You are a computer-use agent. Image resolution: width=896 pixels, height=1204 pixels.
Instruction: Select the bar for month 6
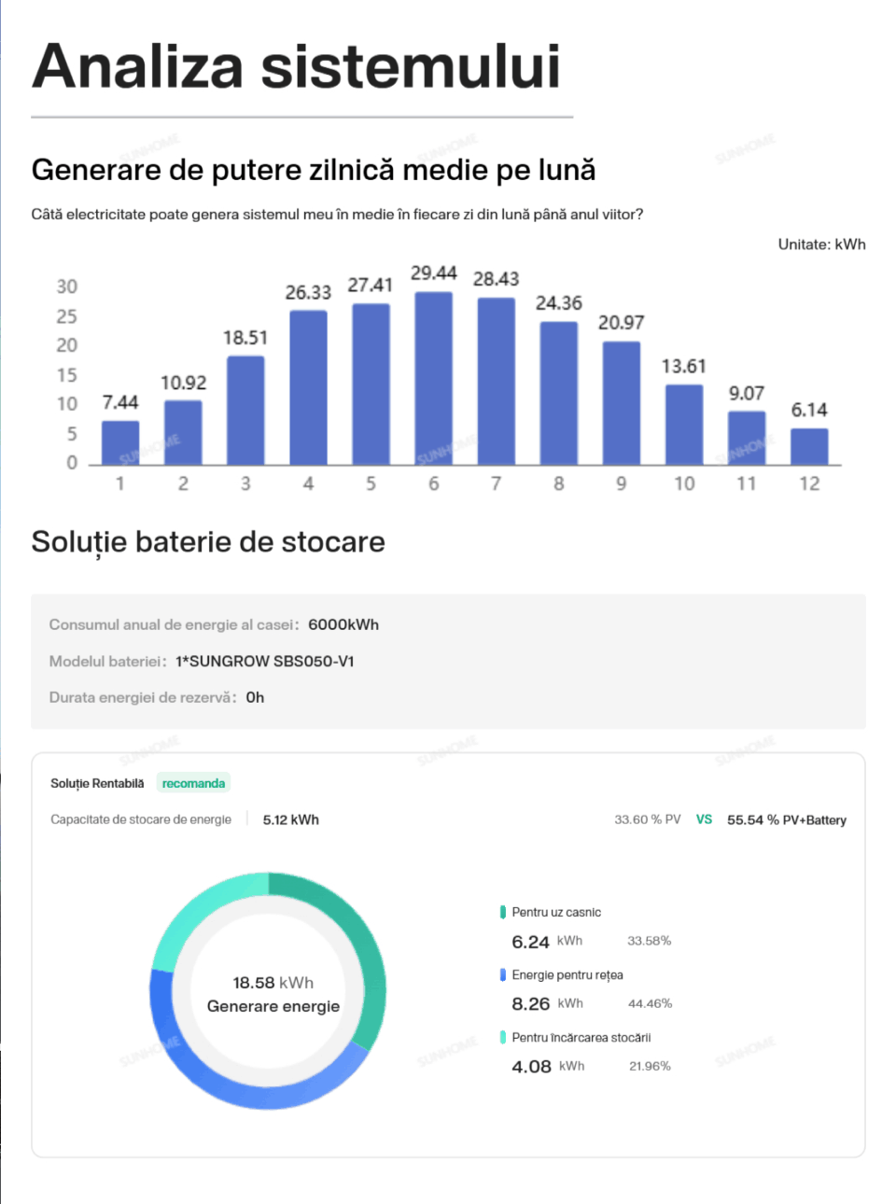pyautogui.click(x=434, y=378)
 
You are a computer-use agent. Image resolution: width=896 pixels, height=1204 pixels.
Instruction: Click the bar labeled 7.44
pyautogui.click(x=120, y=442)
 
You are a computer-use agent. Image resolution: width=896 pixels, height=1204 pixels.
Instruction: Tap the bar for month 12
pyautogui.click(x=809, y=446)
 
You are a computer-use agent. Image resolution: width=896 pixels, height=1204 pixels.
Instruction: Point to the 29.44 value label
pyautogui.click(x=434, y=273)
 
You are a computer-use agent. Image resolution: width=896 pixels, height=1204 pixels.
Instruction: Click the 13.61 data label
pyautogui.click(x=684, y=367)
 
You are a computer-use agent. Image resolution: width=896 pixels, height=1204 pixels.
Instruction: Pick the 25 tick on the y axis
pyautogui.click(x=66, y=316)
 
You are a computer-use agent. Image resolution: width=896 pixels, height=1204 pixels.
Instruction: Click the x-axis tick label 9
pyautogui.click(x=622, y=483)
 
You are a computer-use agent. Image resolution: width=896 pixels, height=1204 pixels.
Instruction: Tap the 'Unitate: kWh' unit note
pyautogui.click(x=821, y=245)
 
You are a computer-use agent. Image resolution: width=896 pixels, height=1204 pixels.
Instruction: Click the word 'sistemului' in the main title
pyautogui.click(x=411, y=67)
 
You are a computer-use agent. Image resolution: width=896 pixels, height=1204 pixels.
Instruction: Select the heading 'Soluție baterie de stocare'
pyautogui.click(x=208, y=542)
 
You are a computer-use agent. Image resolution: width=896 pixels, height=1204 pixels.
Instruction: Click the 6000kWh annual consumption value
pyautogui.click(x=343, y=624)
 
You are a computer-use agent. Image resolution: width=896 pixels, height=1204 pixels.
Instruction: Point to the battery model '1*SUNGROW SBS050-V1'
pyautogui.click(x=265, y=661)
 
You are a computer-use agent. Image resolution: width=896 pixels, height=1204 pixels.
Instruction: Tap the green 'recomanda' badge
pyautogui.click(x=193, y=783)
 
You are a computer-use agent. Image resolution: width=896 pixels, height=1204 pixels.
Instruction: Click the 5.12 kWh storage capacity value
pyautogui.click(x=291, y=819)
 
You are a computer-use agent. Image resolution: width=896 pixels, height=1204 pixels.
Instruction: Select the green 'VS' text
pyautogui.click(x=704, y=819)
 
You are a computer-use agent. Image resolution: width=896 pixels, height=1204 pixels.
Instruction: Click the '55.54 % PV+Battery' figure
pyautogui.click(x=787, y=819)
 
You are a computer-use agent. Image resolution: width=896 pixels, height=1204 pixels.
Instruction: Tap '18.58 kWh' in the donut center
pyautogui.click(x=273, y=983)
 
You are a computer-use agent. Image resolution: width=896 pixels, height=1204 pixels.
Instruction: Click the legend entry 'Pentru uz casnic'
pyautogui.click(x=556, y=912)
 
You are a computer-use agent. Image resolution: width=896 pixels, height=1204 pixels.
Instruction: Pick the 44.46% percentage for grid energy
pyautogui.click(x=650, y=1003)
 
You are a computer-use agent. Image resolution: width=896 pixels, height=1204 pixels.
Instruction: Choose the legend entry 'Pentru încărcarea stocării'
pyautogui.click(x=581, y=1037)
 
